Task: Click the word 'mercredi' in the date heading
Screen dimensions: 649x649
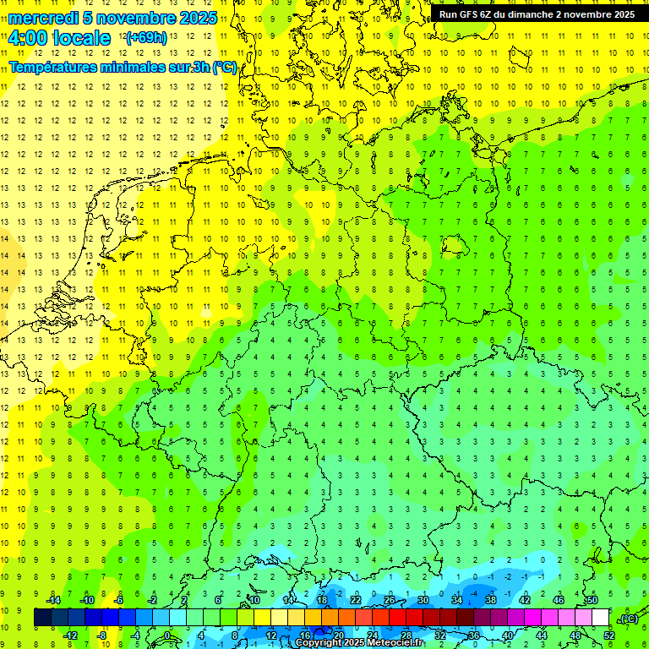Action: click(x=42, y=18)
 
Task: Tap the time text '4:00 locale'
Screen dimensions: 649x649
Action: click(x=59, y=38)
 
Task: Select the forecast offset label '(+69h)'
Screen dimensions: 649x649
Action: click(x=146, y=38)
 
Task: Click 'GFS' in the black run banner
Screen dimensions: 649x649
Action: click(x=471, y=14)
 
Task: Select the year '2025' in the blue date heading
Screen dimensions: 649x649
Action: click(x=197, y=18)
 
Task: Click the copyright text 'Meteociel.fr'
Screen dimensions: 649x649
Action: click(x=394, y=643)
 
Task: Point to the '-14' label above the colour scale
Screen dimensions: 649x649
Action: click(x=52, y=600)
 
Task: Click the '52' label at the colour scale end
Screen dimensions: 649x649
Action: click(x=609, y=635)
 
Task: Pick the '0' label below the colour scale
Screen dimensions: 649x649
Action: click(x=167, y=635)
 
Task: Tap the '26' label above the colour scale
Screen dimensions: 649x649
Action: click(x=390, y=600)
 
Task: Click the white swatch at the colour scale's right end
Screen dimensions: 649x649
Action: click(x=600, y=618)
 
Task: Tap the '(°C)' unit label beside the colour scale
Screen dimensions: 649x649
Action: click(x=629, y=619)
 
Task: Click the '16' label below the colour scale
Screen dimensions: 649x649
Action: click(x=305, y=635)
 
